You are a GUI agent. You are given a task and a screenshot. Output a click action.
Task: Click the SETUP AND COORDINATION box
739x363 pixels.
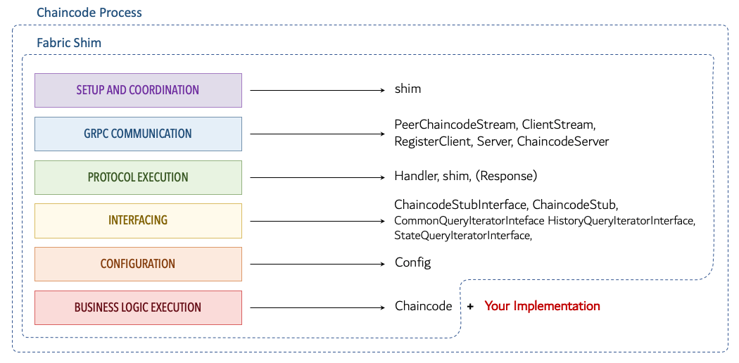point(138,90)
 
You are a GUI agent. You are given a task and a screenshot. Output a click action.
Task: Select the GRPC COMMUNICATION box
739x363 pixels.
point(138,134)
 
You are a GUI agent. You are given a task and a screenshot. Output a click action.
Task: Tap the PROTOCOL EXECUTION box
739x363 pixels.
point(138,177)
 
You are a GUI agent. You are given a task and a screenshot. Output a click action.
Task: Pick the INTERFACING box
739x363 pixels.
point(138,220)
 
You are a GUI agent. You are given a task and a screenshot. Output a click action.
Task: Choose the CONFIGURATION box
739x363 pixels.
point(138,264)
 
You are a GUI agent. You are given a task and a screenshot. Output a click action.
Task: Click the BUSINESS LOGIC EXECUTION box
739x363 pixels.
point(138,307)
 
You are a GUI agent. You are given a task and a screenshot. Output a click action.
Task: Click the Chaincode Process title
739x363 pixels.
point(89,13)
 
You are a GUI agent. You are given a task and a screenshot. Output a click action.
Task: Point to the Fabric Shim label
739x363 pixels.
point(69,43)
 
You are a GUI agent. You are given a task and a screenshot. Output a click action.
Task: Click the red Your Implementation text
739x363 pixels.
point(542,306)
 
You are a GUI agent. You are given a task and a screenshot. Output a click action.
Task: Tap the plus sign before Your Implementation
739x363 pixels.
point(469,307)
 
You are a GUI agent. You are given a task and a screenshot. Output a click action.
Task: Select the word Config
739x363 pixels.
point(412,262)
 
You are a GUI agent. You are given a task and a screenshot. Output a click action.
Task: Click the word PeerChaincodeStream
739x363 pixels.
point(455,125)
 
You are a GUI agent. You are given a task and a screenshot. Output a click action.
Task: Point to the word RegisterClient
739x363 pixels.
point(432,141)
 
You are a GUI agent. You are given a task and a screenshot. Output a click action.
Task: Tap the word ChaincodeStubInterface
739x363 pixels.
point(460,205)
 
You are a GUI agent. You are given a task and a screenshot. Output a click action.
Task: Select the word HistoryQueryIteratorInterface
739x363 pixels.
point(621,221)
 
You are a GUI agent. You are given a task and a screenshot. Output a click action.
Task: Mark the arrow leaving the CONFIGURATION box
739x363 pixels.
point(316,264)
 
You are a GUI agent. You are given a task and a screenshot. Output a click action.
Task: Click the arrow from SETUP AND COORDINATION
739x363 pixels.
point(316,90)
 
